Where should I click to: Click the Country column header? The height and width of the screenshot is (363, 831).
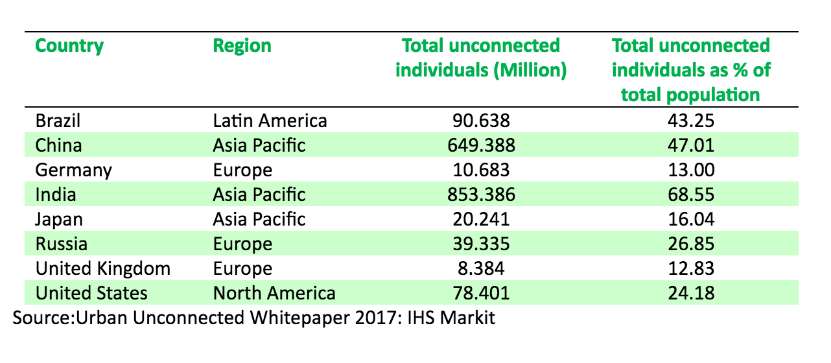(x=69, y=46)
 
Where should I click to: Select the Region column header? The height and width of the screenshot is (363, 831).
(x=242, y=46)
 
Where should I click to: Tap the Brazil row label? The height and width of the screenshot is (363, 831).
(x=58, y=121)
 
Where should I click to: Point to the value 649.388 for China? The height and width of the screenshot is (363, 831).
(x=481, y=145)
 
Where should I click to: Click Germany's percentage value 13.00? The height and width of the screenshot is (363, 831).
(x=690, y=170)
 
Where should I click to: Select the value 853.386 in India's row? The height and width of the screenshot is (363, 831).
(x=481, y=194)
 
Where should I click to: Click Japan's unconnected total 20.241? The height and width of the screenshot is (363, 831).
(x=481, y=219)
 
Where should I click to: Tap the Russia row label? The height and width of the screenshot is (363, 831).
(x=62, y=244)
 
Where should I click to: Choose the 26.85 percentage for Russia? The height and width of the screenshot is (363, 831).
(x=690, y=244)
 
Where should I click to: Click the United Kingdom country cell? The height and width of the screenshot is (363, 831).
(x=103, y=268)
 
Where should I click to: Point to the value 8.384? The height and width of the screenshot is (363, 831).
(x=481, y=268)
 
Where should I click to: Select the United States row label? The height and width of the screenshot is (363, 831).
(x=91, y=293)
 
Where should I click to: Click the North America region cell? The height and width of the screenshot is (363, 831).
(x=274, y=293)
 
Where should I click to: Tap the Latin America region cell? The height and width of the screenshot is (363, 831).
(x=270, y=121)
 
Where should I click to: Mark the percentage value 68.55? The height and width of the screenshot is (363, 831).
(x=690, y=194)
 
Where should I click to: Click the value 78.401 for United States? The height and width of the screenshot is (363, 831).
(x=481, y=293)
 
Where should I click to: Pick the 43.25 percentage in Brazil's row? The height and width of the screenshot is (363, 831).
(x=690, y=121)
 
